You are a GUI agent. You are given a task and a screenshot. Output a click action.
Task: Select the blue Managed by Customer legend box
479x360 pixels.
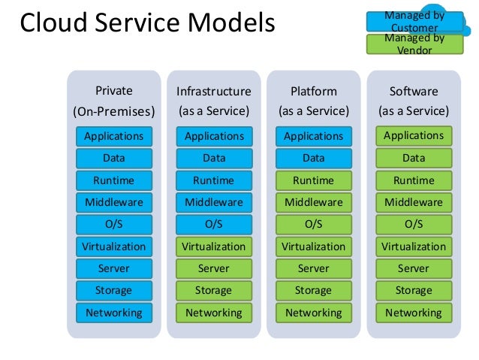pyautogui.click(x=414, y=21)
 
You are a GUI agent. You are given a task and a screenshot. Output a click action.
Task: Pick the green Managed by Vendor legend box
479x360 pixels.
pyautogui.click(x=414, y=44)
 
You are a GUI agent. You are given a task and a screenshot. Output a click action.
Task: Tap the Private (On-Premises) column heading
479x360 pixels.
pyautogui.click(x=114, y=101)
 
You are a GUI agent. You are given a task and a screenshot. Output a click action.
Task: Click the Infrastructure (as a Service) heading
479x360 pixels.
pyautogui.click(x=214, y=101)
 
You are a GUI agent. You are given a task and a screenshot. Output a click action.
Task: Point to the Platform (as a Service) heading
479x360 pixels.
pyautogui.click(x=314, y=101)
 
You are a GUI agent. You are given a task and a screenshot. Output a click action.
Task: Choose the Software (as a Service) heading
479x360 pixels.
pyautogui.click(x=414, y=101)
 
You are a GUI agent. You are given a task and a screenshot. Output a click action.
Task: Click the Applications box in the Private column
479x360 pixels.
pyautogui.click(x=114, y=136)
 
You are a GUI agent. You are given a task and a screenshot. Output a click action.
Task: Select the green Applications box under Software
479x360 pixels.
pyautogui.click(x=414, y=136)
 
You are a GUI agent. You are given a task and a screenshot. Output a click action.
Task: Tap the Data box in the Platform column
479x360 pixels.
pyautogui.click(x=314, y=159)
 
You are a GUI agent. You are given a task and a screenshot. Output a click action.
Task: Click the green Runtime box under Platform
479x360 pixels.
pyautogui.click(x=314, y=180)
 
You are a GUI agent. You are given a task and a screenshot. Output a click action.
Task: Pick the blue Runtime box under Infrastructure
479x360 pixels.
pyautogui.click(x=214, y=180)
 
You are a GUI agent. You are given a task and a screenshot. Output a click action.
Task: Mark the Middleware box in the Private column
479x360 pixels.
pyautogui.click(x=114, y=202)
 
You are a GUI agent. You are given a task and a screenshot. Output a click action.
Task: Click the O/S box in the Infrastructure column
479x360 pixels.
pyautogui.click(x=214, y=225)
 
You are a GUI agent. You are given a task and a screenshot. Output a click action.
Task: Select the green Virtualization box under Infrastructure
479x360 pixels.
pyautogui.click(x=214, y=247)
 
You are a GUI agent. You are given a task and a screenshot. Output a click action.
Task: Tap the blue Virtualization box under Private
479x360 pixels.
pyautogui.click(x=114, y=247)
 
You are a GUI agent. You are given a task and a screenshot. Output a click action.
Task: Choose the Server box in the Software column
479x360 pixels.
pyautogui.click(x=414, y=268)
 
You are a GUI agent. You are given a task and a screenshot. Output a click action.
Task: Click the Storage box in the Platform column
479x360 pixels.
pyautogui.click(x=314, y=291)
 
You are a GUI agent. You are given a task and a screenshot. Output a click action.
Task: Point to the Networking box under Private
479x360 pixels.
pyautogui.click(x=114, y=313)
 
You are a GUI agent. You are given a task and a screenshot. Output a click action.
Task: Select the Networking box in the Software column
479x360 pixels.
pyautogui.click(x=414, y=313)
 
